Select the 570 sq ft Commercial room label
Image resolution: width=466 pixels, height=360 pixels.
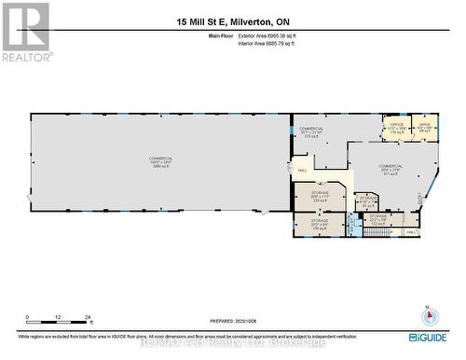[x=311, y=132]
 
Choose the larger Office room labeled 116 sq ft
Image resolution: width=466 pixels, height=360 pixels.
[x=396, y=129]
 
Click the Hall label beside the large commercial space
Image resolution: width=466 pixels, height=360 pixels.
[x=303, y=171]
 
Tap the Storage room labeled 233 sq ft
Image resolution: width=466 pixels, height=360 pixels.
[x=321, y=198]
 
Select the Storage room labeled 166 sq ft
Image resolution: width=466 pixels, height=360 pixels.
[x=320, y=224]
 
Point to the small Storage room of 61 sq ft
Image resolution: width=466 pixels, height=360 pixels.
[x=367, y=201]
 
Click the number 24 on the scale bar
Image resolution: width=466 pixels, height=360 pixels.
[x=88, y=318]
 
